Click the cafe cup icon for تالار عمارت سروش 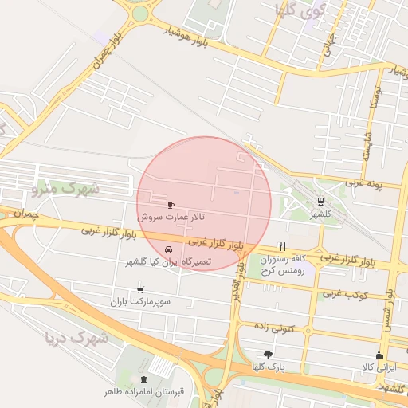pos(170,205)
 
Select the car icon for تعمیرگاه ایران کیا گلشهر pos(167,250)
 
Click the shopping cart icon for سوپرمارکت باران pos(141,290)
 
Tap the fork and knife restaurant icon pos(281,246)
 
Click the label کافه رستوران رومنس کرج pos(288,265)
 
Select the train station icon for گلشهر pos(320,202)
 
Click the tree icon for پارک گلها pos(267,355)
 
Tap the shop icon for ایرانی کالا pos(379,355)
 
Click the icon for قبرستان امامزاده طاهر pos(143,379)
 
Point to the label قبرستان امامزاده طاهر pos(143,391)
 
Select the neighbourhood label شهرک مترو pos(63,189)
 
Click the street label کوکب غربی pos(344,294)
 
